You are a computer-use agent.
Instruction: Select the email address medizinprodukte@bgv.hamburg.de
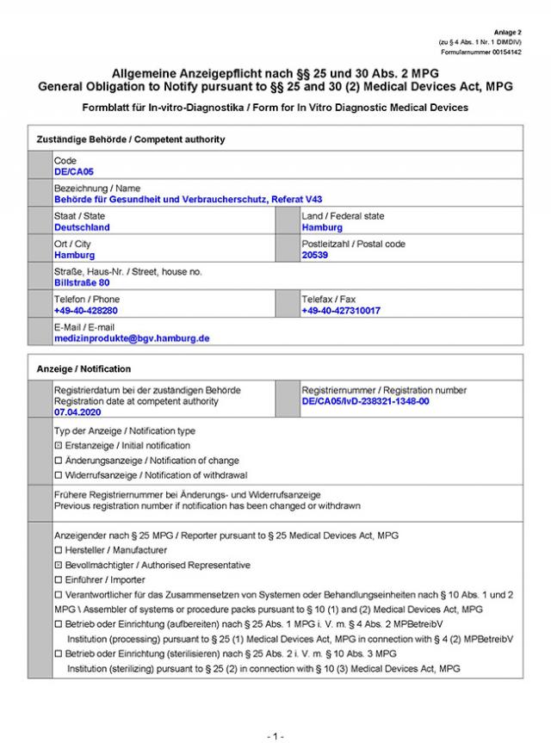pos(132,338)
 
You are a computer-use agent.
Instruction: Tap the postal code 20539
pos(315,256)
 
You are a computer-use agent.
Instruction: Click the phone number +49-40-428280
pos(86,311)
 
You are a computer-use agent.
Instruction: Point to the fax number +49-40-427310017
pos(341,311)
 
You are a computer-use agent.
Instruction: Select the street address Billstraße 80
pos(82,282)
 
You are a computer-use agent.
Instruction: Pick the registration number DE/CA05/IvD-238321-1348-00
pos(365,402)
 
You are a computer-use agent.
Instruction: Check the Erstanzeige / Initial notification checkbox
pos(58,446)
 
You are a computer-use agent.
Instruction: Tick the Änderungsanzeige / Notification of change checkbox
pos(58,461)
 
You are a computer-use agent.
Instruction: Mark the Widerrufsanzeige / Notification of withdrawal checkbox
pos(58,475)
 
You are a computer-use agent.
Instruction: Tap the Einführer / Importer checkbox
pos(58,580)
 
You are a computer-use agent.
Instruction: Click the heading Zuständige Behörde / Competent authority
pos(131,139)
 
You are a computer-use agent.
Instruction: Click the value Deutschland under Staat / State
pos(82,228)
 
